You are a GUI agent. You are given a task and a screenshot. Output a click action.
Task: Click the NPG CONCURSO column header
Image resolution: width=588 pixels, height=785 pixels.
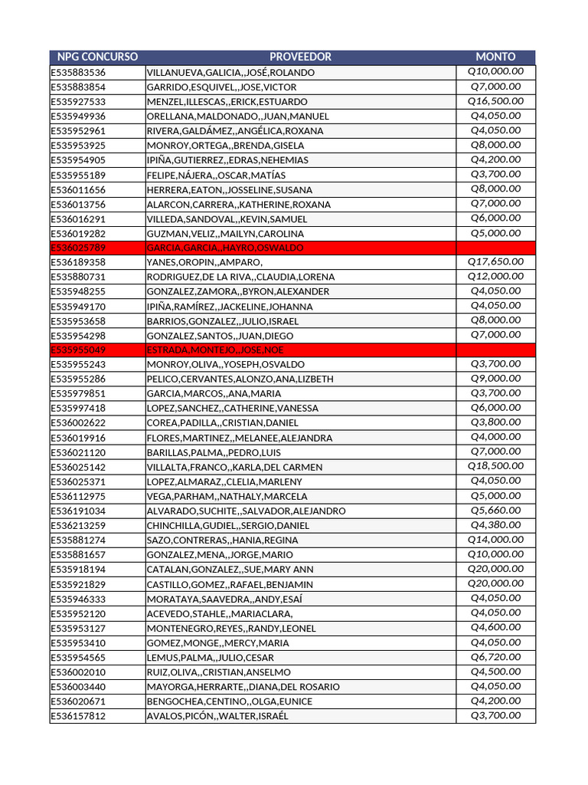(97, 57)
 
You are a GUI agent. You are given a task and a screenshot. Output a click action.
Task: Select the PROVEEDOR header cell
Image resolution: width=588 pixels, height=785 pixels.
(300, 57)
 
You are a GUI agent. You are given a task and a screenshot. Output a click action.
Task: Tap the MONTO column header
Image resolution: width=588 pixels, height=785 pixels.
(495, 57)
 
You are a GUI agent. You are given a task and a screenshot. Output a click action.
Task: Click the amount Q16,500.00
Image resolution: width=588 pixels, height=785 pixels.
(495, 101)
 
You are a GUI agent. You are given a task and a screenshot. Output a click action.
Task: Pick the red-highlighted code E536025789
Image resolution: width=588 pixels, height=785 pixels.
(78, 248)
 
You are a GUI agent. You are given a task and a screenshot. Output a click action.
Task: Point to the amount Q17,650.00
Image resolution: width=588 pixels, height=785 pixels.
(495, 262)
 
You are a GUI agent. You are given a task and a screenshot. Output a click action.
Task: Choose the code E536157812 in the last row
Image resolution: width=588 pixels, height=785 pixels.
(78, 716)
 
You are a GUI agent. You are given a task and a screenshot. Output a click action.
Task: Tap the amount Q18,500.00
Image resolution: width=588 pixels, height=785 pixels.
(495, 466)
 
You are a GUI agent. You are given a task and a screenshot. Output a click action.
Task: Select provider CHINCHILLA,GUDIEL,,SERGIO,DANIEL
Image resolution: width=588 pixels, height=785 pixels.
(228, 526)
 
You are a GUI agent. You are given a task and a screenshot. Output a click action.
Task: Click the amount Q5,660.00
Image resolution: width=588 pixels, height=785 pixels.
(495, 511)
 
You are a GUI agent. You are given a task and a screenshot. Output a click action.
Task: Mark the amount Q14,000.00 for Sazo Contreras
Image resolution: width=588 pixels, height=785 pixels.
(495, 540)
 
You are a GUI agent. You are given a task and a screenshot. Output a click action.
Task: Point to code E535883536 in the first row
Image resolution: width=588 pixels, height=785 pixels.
(78, 73)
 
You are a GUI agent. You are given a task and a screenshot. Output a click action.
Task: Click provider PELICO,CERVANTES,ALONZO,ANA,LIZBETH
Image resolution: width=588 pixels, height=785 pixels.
(240, 379)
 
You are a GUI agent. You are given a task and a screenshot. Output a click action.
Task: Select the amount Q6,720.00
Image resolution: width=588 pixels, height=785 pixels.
(495, 657)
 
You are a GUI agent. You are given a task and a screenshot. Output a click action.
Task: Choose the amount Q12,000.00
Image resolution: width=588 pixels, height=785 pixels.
(495, 277)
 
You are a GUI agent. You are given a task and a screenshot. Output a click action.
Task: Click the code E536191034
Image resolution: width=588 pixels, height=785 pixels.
(78, 511)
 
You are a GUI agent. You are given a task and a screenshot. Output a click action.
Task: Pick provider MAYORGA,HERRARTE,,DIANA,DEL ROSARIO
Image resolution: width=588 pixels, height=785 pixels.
(243, 687)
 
